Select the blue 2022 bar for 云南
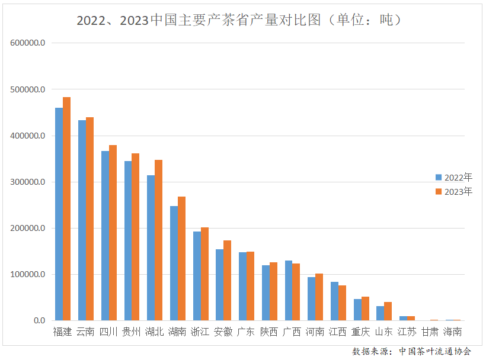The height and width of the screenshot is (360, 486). pyautogui.click(x=82, y=220)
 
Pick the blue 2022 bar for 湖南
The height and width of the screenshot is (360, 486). pyautogui.click(x=174, y=263)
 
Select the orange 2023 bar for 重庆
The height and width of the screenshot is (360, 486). pyautogui.click(x=365, y=308)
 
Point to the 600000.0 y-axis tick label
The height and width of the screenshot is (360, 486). pyautogui.click(x=28, y=43)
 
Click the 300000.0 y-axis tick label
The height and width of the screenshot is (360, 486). pyautogui.click(x=28, y=182)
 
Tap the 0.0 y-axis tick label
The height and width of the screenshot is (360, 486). pyautogui.click(x=38, y=320)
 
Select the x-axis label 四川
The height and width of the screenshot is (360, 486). pyautogui.click(x=108, y=332)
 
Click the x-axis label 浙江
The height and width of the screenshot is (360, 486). pyautogui.click(x=200, y=332)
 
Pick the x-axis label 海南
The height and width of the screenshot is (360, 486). pyautogui.click(x=453, y=332)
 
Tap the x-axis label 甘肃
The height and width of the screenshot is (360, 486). pyautogui.click(x=430, y=332)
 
